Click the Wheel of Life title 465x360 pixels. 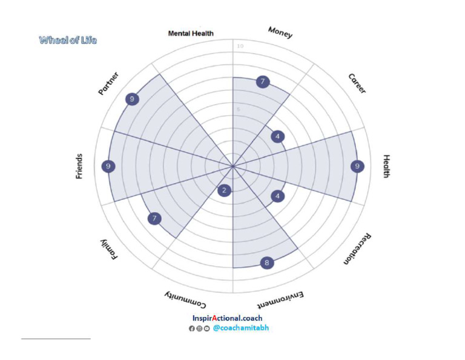tap(68, 41)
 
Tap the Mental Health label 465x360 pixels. tap(191, 34)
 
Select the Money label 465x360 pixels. tap(280, 33)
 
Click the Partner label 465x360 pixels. tap(108, 84)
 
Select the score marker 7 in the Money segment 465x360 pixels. tap(262, 82)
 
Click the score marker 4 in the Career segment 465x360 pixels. tap(277, 137)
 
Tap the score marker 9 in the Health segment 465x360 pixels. tap(358, 166)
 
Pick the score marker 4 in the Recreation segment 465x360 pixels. tap(277, 196)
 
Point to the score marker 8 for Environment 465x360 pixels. tap(266, 263)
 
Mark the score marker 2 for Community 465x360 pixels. tap(225, 191)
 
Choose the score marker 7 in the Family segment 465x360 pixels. tap(155, 218)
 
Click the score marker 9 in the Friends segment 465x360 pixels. tap(108, 166)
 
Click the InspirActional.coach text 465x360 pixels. tap(227, 318)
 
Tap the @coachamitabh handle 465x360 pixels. tap(240, 328)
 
